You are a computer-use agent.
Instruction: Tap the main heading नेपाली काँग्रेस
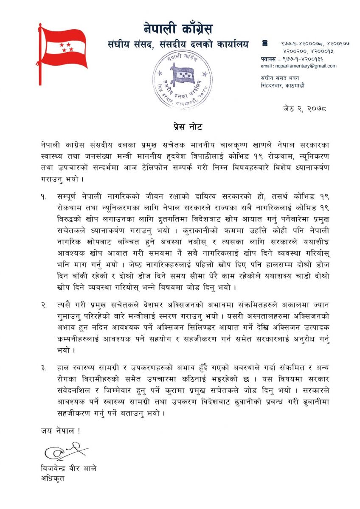178,29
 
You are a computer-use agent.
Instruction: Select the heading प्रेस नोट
180,126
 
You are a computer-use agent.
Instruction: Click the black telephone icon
265,43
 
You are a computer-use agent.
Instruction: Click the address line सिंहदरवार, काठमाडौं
283,85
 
